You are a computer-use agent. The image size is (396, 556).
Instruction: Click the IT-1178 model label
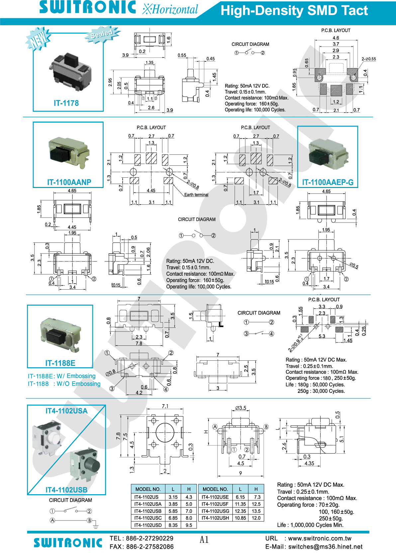[66, 103]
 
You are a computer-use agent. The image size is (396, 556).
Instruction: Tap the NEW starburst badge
[38, 39]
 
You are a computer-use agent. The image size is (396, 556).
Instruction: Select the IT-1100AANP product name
[69, 182]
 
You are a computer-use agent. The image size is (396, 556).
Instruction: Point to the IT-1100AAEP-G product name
[328, 182]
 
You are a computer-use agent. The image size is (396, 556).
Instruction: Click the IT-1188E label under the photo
[60, 363]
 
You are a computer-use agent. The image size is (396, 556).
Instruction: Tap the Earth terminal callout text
[196, 195]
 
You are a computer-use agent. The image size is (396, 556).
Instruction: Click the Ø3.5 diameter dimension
[241, 408]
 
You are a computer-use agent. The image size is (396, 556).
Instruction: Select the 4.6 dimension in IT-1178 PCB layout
[336, 38]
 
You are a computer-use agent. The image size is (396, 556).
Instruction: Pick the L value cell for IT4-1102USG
[240, 511]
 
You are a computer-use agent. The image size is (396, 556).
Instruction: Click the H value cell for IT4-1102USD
[189, 525]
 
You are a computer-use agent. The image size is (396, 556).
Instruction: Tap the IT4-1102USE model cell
[215, 497]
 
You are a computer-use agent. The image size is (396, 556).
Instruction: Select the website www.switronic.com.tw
[320, 538]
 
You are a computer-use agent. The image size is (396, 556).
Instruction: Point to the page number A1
[204, 540]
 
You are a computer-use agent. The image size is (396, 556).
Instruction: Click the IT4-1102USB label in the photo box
[66, 490]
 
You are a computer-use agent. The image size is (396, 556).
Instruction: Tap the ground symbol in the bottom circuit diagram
[96, 526]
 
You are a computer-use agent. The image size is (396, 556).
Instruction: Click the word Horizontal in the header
[175, 10]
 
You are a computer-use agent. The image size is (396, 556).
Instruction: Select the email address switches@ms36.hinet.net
[325, 547]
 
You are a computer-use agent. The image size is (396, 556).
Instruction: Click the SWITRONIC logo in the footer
[68, 543]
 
